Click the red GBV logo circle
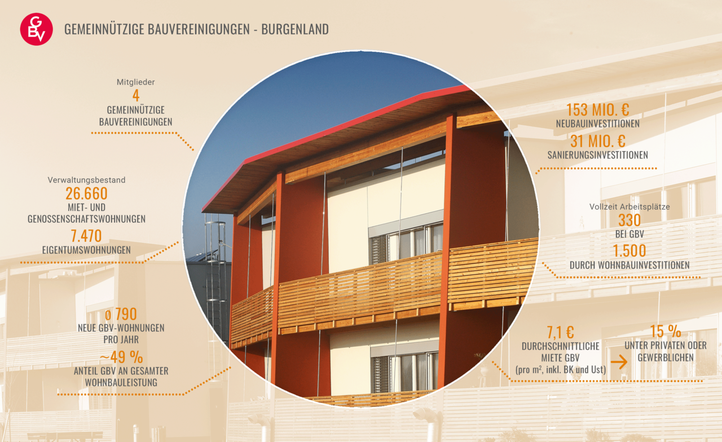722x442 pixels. pos(37,29)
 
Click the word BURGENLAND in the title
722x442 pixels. pos(295,29)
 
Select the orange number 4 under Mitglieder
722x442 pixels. pos(136,95)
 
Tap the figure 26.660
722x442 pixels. pos(86,193)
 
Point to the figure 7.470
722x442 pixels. pos(86,236)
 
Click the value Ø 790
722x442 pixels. pos(121,314)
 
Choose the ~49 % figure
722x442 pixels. pos(121,357)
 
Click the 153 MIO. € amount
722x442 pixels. pos(597,109)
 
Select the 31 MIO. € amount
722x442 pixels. pos(597,141)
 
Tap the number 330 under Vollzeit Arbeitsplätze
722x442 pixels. pos(629,220)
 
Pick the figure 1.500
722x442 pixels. pos(629,251)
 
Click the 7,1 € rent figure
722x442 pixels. pos(561,332)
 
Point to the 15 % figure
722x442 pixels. pos(665,331)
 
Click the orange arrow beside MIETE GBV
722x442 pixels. pos(619,362)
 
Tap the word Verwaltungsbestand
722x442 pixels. pos(86,180)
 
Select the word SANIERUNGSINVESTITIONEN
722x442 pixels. pos(597,155)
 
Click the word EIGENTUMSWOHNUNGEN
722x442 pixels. pos(86,250)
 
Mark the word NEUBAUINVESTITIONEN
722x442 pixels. pos(597,123)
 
